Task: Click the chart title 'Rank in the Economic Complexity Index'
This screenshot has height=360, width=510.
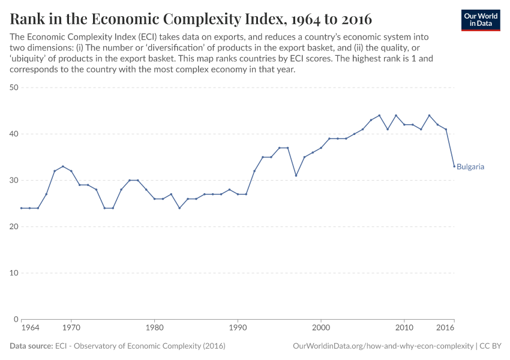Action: click(x=191, y=19)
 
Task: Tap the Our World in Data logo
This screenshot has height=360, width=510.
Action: click(x=481, y=20)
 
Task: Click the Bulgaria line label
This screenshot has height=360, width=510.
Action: click(x=470, y=167)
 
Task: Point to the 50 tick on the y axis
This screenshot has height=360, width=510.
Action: click(x=14, y=88)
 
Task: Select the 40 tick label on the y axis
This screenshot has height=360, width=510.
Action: click(x=14, y=134)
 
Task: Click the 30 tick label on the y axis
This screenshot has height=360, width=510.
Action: click(x=14, y=180)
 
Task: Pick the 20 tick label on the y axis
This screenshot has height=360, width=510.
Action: click(x=14, y=227)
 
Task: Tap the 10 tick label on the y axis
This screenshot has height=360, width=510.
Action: click(x=14, y=273)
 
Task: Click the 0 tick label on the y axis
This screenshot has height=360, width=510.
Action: click(x=17, y=319)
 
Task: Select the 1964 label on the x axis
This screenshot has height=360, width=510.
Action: click(x=30, y=329)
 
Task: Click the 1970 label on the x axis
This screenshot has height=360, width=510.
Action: click(x=71, y=329)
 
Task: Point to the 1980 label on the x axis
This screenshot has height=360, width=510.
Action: click(x=155, y=329)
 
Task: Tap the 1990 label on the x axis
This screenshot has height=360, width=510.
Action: click(x=238, y=329)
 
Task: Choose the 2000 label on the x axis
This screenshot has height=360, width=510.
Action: click(x=321, y=329)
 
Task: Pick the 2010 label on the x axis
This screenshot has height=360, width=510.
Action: click(x=404, y=329)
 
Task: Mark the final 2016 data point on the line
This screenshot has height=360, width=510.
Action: click(x=454, y=166)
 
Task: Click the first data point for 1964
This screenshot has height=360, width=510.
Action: click(x=22, y=208)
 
